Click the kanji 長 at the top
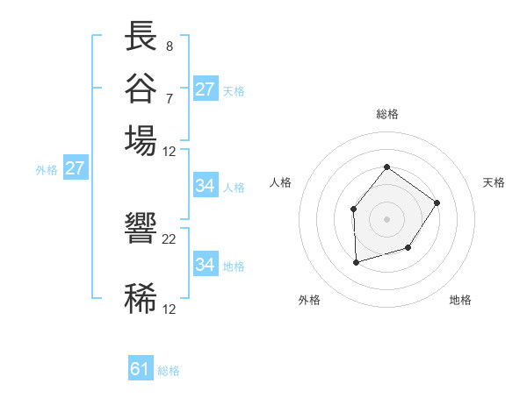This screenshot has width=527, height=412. point(141,37)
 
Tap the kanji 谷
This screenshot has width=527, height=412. point(141,88)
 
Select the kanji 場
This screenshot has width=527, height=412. point(141,139)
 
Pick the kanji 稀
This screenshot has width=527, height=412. point(141,298)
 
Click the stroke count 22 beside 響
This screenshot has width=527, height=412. point(170,238)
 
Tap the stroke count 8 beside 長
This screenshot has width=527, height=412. point(170,46)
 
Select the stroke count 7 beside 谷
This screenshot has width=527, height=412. point(170,97)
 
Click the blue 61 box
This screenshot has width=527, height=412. point(141,369)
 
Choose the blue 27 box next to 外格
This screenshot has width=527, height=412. point(75,168)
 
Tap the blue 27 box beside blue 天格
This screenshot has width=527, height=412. point(206,89)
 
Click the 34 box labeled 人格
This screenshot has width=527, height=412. point(206,186)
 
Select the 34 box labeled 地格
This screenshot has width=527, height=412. point(206,265)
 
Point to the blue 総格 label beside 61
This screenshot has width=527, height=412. point(169,371)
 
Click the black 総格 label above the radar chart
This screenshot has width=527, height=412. point(386,114)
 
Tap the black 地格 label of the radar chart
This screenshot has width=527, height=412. point(460,300)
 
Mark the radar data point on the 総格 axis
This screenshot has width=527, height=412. point(386,167)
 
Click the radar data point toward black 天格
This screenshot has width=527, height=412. point(437,202)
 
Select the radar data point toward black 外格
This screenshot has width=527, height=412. point(356,261)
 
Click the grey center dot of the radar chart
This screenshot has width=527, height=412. point(386,218)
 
